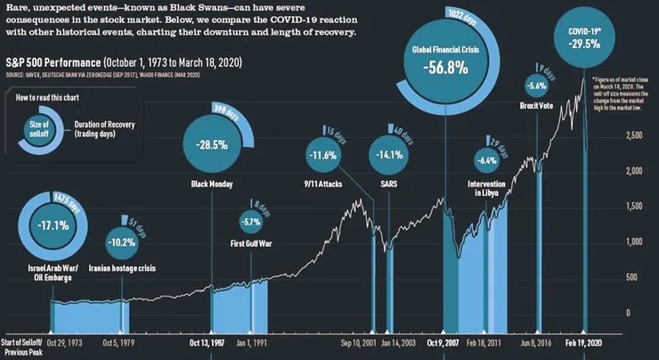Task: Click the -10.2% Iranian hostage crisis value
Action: pos(121,241)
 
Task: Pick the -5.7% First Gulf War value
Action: pos(251,221)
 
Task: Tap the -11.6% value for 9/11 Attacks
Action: pos(322,155)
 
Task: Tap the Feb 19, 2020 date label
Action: pos(584,340)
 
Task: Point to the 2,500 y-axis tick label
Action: pos(635,136)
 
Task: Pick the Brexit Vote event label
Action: pos(537,106)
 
